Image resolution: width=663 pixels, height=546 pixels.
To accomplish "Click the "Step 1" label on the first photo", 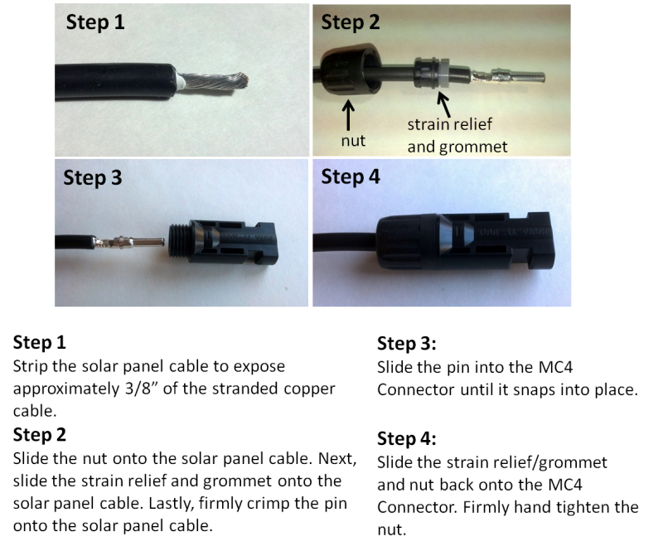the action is [x=95, y=22].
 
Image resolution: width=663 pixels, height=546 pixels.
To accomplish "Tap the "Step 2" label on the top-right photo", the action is [x=351, y=22].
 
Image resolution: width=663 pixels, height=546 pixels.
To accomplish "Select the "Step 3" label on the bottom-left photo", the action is [x=93, y=177].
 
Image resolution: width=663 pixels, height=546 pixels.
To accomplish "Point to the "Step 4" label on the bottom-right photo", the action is [x=351, y=176].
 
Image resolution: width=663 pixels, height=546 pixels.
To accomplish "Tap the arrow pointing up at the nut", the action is [x=348, y=115].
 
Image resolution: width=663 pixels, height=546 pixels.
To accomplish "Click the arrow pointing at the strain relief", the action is [x=443, y=104].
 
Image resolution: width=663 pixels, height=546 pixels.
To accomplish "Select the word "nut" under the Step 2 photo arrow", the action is [x=353, y=141].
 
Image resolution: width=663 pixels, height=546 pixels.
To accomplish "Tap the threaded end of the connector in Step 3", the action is [x=179, y=240].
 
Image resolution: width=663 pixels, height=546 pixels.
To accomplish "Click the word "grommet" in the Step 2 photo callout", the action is [x=473, y=147].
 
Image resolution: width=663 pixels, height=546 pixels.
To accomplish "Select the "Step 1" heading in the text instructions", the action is [x=40, y=342].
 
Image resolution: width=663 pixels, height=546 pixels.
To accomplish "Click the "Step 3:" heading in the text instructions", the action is [x=406, y=344].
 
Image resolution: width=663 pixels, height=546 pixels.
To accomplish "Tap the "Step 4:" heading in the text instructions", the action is [x=406, y=438].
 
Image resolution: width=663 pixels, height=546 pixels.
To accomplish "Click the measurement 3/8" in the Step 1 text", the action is [x=142, y=389].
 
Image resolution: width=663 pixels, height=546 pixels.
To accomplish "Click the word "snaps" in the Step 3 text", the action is [x=534, y=390].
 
